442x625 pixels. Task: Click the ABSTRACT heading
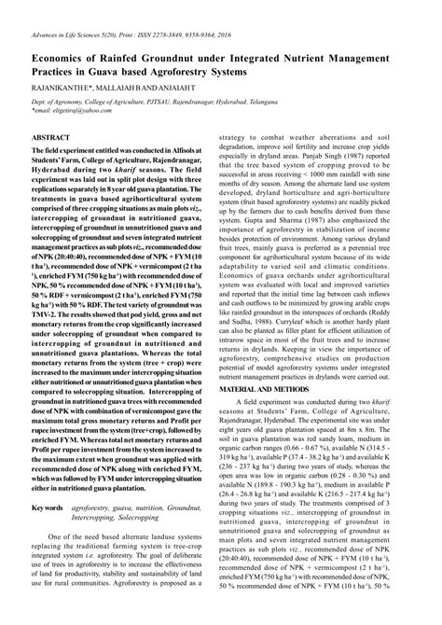pyautogui.click(x=53, y=136)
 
